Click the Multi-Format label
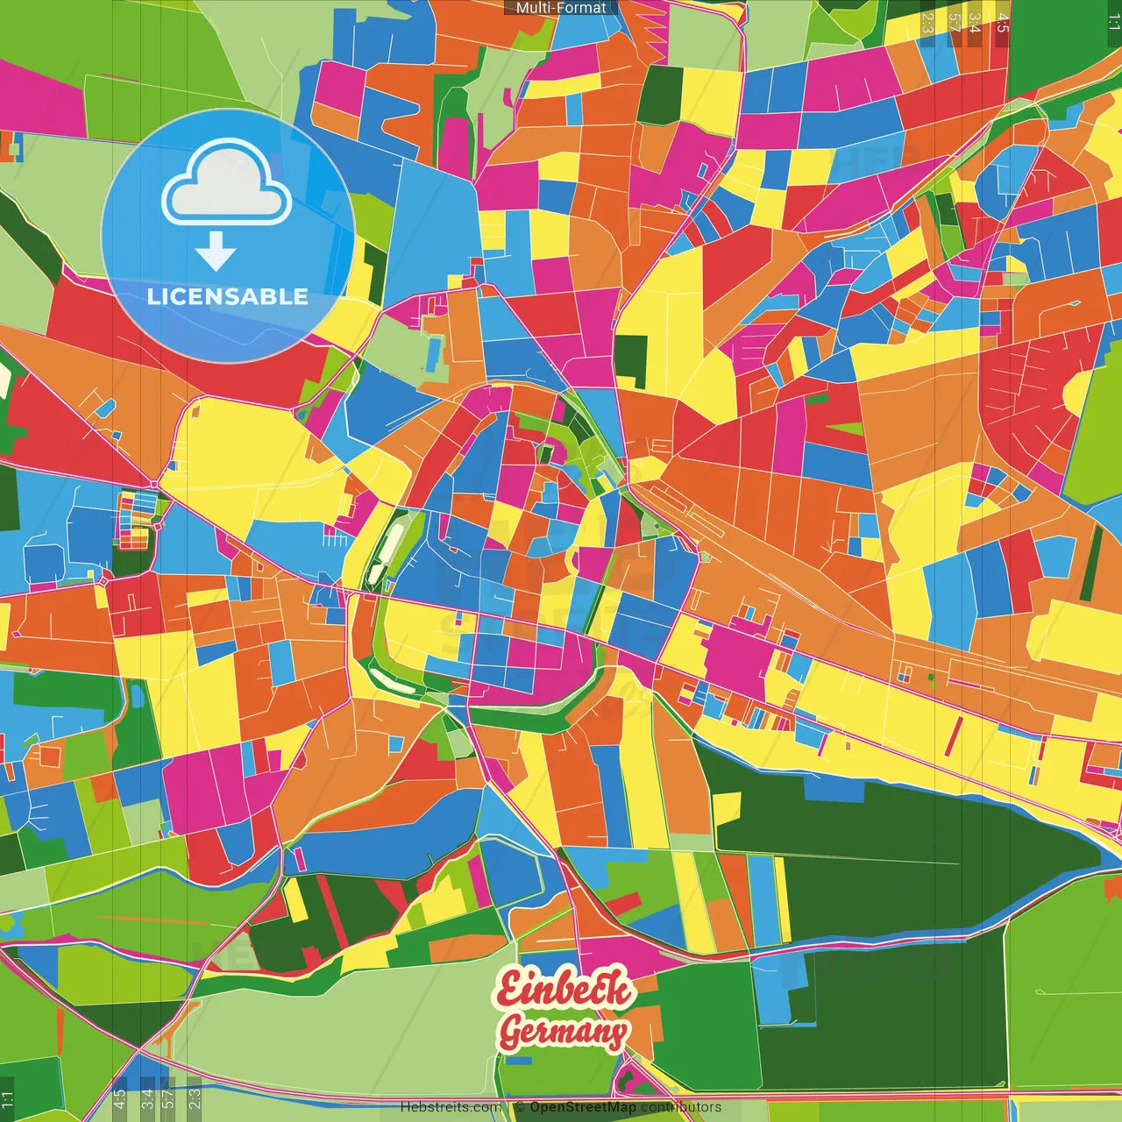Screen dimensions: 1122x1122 560,8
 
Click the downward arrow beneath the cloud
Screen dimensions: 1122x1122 216,253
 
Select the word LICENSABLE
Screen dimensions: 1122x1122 227,296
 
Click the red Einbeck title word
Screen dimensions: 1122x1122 565,988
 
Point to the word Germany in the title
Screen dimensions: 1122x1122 564,1033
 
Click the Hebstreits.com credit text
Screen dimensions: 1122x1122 451,1107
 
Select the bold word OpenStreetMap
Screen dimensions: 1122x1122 582,1107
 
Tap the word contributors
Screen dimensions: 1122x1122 681,1107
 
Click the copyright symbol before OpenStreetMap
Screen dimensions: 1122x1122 519,1107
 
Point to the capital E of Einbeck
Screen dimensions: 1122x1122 510,989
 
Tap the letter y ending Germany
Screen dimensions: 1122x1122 617,1034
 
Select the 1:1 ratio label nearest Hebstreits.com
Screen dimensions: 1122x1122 7,1099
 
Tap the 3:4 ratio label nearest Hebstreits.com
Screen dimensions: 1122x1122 146,1098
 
